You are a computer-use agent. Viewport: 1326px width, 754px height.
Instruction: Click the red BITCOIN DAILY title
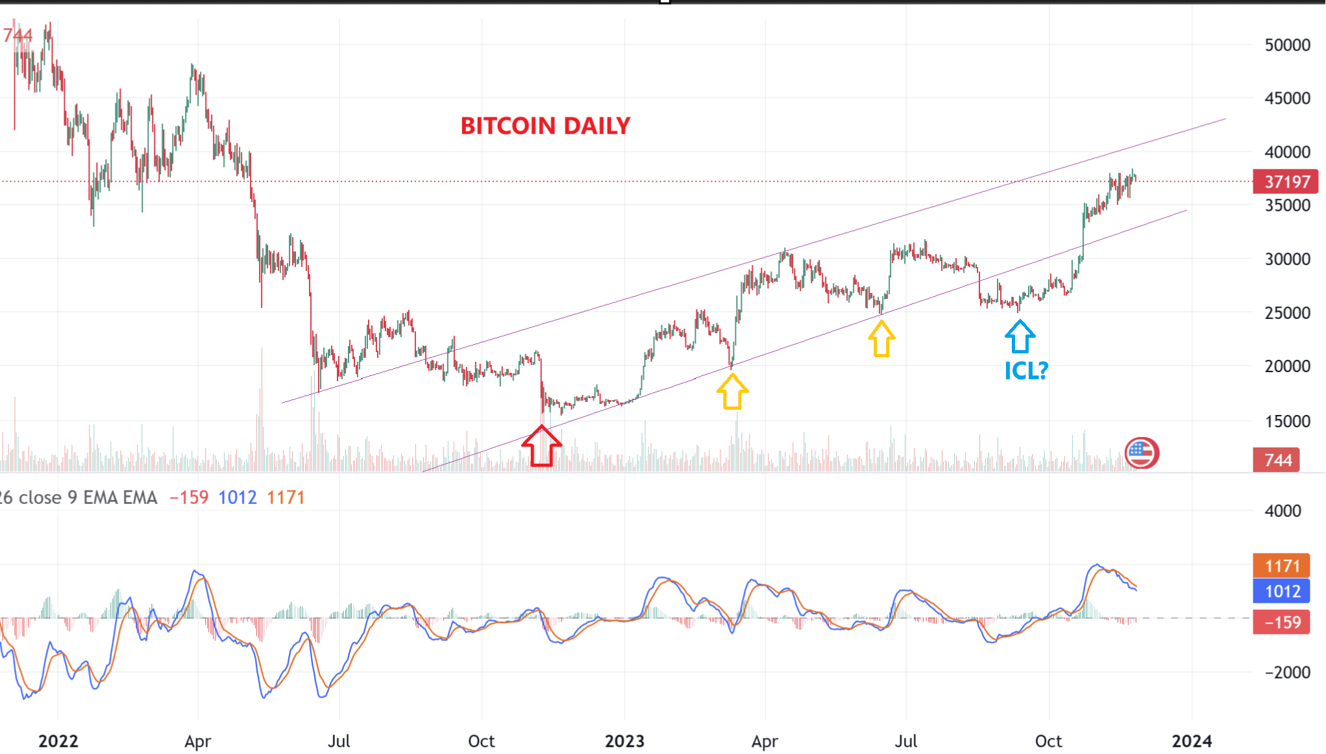[x=545, y=126]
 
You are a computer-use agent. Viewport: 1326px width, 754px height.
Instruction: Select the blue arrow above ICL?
[x=1020, y=336]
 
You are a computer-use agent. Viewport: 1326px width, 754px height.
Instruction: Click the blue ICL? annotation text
[x=1026, y=371]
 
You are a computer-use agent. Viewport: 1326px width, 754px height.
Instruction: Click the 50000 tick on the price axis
[x=1287, y=45]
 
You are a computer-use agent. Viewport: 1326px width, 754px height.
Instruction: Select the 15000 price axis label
[x=1287, y=421]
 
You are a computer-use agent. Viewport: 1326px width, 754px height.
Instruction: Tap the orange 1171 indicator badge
[x=1282, y=566]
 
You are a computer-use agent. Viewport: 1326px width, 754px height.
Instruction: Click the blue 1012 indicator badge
[x=1282, y=592]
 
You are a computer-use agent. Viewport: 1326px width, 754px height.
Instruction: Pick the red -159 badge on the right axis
[x=1282, y=623]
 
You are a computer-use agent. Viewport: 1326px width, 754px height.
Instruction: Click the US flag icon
[x=1141, y=453]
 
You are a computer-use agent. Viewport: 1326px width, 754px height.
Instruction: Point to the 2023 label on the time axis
[x=624, y=741]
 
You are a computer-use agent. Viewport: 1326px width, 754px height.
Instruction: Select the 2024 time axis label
[x=1192, y=741]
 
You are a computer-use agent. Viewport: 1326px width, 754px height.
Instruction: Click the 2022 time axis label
[x=58, y=741]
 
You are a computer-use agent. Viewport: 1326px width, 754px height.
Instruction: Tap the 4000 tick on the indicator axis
[x=1283, y=511]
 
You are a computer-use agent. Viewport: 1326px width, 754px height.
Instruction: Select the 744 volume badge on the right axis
[x=1277, y=460]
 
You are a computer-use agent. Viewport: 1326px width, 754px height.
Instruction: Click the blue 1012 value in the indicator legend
[x=238, y=497]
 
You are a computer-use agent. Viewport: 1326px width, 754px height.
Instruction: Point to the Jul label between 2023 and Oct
[x=906, y=741]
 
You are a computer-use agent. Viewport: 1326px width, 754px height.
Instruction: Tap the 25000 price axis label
[x=1287, y=313]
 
